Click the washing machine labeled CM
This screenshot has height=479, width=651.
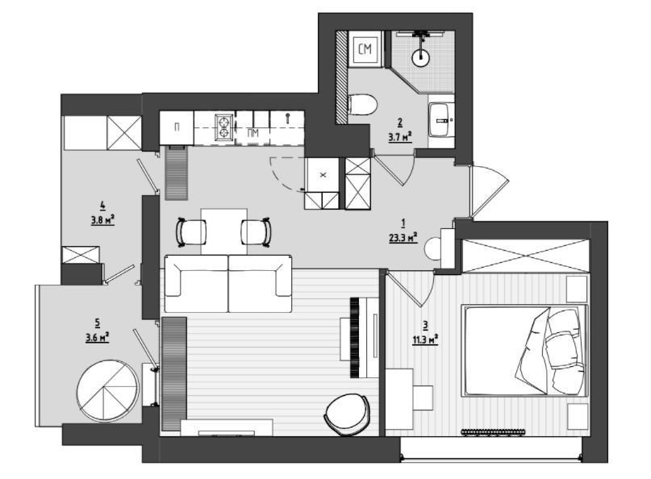click(365, 48)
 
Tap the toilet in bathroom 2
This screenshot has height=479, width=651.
click(362, 105)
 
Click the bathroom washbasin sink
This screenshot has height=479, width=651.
click(441, 120)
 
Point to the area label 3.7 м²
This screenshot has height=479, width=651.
click(400, 136)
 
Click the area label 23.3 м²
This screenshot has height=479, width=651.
click(403, 238)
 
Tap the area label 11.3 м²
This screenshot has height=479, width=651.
click(425, 340)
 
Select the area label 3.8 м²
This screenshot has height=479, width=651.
click(102, 219)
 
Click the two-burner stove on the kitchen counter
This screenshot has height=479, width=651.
click(224, 127)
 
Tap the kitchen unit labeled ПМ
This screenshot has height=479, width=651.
click(252, 132)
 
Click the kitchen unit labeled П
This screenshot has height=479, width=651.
click(177, 127)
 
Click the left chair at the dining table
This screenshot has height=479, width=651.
click(191, 232)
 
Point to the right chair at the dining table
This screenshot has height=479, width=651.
click(257, 232)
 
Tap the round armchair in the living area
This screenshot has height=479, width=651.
click(347, 414)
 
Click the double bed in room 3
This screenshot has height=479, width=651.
click(525, 351)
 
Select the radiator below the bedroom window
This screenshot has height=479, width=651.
click(493, 432)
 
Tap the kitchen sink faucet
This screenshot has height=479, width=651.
click(287, 117)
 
